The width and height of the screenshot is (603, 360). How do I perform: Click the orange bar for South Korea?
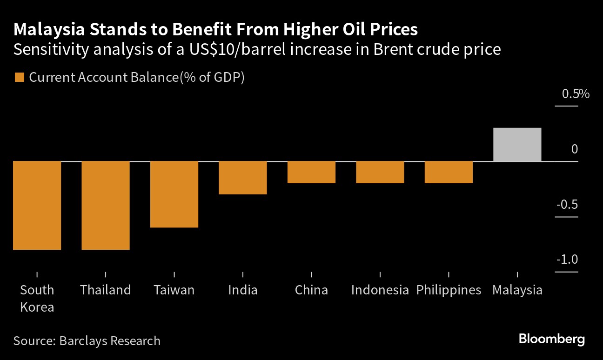click(37, 205)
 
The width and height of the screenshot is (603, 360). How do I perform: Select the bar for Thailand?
click(106, 205)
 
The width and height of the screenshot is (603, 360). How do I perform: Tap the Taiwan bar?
click(174, 194)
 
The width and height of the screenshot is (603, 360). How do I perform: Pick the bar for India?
click(243, 177)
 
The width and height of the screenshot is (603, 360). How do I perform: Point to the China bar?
click(311, 172)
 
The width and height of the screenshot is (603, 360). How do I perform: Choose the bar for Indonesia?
click(380, 172)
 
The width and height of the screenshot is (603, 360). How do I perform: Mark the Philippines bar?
click(449, 172)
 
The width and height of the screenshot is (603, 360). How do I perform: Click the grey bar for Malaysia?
click(517, 144)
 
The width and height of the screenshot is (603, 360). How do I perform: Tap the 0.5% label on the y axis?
click(576, 94)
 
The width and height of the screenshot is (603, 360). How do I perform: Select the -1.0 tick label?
click(567, 260)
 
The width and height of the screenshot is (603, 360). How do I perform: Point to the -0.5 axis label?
click(567, 205)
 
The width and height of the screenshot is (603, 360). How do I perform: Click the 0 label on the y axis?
click(575, 149)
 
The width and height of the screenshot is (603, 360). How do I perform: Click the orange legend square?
click(19, 77)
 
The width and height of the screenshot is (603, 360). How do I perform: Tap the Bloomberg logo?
click(552, 339)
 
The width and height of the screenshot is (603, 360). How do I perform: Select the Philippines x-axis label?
click(449, 290)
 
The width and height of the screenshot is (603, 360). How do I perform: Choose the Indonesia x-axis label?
click(380, 290)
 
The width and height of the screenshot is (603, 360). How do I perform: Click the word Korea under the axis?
click(37, 307)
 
